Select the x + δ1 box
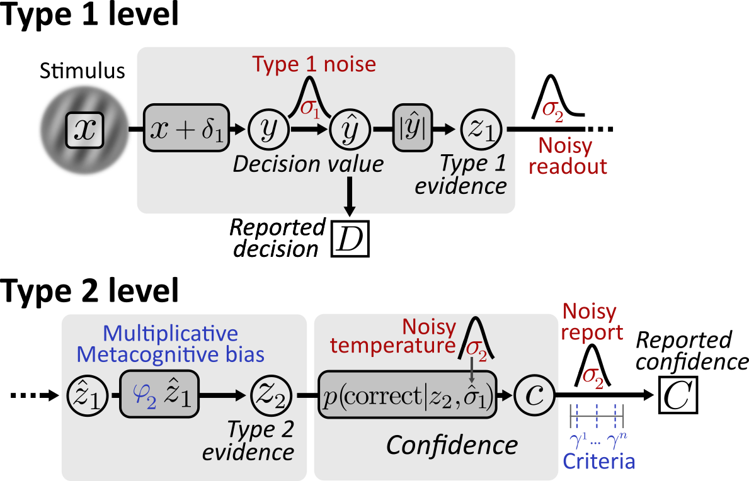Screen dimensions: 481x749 (x=186, y=128)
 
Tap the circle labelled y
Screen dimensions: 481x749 (x=269, y=128)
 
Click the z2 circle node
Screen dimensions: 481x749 (x=271, y=397)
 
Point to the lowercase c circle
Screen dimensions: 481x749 (x=532, y=397)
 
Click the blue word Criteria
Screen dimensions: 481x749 (x=598, y=462)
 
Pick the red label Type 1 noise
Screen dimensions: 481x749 (x=314, y=64)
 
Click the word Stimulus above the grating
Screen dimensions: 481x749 (x=83, y=71)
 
